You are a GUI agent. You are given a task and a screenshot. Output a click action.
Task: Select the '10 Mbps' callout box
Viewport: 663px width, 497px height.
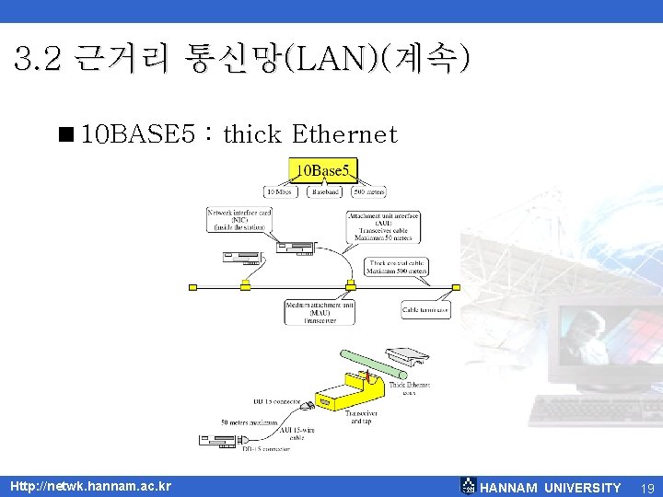pyautogui.click(x=280, y=192)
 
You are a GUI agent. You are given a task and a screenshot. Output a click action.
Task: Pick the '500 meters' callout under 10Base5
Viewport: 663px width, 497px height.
pyautogui.click(x=371, y=192)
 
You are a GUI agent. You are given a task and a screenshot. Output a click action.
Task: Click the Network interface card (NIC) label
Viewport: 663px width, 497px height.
pyautogui.click(x=239, y=220)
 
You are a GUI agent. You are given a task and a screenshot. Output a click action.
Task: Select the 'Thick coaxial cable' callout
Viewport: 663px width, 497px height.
pyautogui.click(x=396, y=267)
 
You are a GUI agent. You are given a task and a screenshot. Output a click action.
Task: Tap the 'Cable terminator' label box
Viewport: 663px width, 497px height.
pyautogui.click(x=425, y=310)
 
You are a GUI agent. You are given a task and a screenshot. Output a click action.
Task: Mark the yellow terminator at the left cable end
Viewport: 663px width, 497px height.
pyautogui.click(x=192, y=287)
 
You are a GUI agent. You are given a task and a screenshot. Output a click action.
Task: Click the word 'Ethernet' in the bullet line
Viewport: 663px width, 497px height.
pyautogui.click(x=343, y=135)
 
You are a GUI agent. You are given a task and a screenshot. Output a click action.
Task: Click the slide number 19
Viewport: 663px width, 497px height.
pyautogui.click(x=646, y=487)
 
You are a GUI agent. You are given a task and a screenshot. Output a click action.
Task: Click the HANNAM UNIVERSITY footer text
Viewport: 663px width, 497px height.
pyautogui.click(x=551, y=487)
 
